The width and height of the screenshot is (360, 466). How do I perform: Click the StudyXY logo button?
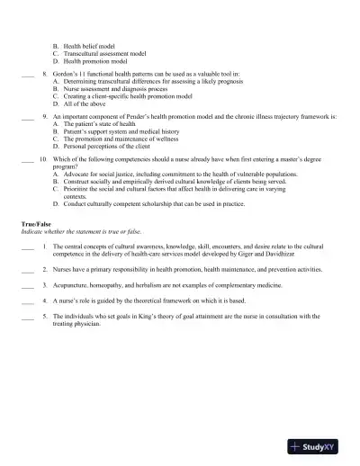[x=319, y=446]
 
